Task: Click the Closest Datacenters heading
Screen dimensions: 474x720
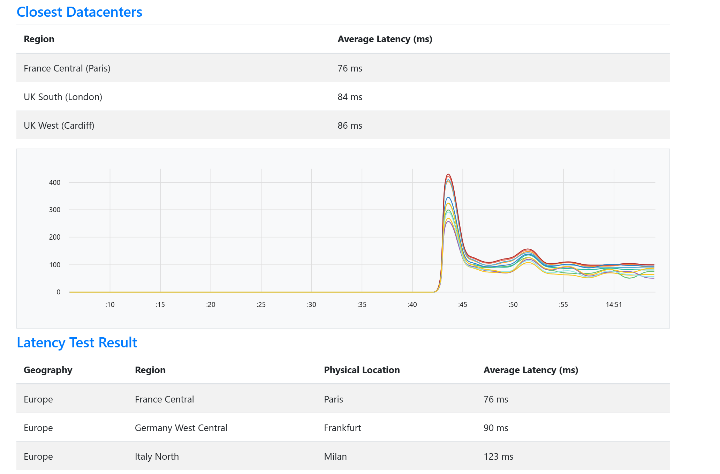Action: tap(79, 12)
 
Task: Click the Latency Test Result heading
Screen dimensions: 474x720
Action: tap(77, 343)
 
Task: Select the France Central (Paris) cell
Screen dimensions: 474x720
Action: tap(67, 68)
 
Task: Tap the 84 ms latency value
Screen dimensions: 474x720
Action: tap(350, 97)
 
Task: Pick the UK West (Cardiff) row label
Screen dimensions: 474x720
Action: tap(59, 126)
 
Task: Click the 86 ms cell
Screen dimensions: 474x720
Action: tap(350, 126)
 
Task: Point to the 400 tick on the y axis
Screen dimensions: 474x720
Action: tap(55, 182)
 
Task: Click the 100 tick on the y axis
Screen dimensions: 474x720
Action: tap(55, 265)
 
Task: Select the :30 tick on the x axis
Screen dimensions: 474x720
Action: tap(311, 304)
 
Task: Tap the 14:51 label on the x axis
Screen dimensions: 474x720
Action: tap(614, 304)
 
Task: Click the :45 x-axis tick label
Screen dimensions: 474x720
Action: tap(462, 304)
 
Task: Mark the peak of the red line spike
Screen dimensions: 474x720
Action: tap(448, 174)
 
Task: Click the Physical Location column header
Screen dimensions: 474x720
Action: tap(362, 370)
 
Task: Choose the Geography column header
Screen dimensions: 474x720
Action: tap(48, 370)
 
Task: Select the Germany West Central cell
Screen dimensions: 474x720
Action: tap(181, 428)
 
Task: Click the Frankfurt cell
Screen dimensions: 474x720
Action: tap(342, 428)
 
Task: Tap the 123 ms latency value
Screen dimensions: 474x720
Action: tap(498, 457)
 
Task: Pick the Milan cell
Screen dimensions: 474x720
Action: tap(335, 457)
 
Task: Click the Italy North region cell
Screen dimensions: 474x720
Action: tap(157, 457)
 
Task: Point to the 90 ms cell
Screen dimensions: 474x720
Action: tap(496, 428)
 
